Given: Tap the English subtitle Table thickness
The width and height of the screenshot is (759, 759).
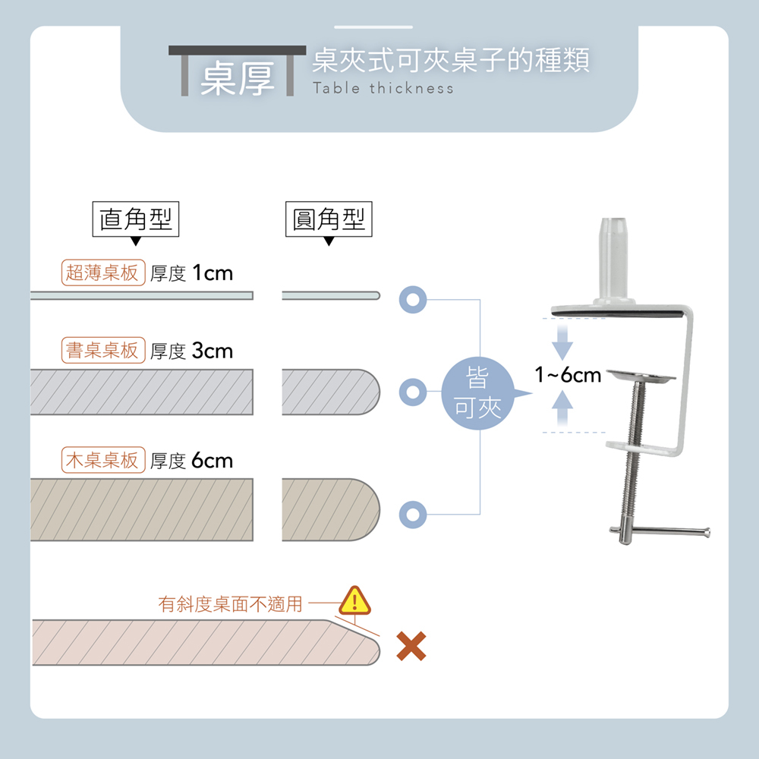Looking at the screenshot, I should coord(383,89).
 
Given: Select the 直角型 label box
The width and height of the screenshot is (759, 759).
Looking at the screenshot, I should coord(136,219).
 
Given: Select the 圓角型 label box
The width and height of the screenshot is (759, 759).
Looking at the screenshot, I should coord(329,219).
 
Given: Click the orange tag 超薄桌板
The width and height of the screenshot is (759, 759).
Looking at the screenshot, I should coord(102,272).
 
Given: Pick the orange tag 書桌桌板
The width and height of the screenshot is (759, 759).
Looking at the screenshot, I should coord(102,351).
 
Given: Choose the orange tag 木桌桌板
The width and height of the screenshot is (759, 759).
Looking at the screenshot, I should coord(102,460).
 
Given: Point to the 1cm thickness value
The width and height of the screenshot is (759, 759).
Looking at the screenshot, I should coord(213,272).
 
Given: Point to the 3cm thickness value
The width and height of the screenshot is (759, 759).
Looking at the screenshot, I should coord(213,351).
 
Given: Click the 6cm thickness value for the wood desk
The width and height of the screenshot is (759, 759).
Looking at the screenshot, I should coord(213,460).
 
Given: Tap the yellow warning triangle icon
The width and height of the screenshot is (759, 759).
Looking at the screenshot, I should coord(353,600).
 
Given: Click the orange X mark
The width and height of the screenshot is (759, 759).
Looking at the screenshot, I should coord(411,646).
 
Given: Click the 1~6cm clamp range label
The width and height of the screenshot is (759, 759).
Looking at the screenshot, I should coord(568,374).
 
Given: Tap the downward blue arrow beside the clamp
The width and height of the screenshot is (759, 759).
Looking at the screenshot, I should coord(561,343).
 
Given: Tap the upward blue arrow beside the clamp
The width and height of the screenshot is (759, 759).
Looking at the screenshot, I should coord(561,409).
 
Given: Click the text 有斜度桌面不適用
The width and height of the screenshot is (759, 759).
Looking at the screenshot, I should coord(230,604).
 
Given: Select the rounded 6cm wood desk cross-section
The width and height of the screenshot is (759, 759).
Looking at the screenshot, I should coord(329,509).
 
